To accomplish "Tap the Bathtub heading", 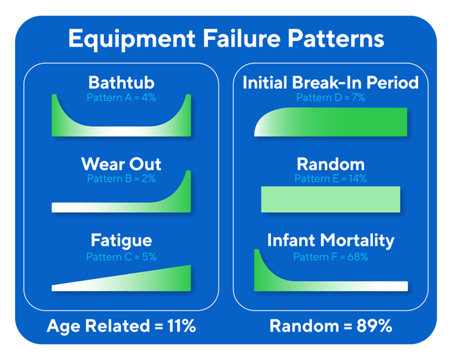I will tap(121, 83).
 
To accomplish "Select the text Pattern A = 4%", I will tap(121, 97).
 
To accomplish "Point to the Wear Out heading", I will tap(121, 164).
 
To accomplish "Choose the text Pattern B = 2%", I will tap(121, 179).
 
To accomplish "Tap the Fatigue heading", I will tap(121, 240).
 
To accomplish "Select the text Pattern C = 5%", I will tap(121, 257).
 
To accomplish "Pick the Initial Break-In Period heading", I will tap(330, 83).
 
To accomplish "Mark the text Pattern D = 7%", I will tap(330, 98).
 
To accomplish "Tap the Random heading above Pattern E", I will tap(330, 164).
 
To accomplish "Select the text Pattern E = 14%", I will tap(330, 179).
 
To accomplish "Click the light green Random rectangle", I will tap(330, 200).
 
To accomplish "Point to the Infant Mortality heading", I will tap(330, 240).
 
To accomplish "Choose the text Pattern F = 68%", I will tap(330, 257).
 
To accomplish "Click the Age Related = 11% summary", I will tap(121, 326).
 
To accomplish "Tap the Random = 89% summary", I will tap(330, 326).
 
